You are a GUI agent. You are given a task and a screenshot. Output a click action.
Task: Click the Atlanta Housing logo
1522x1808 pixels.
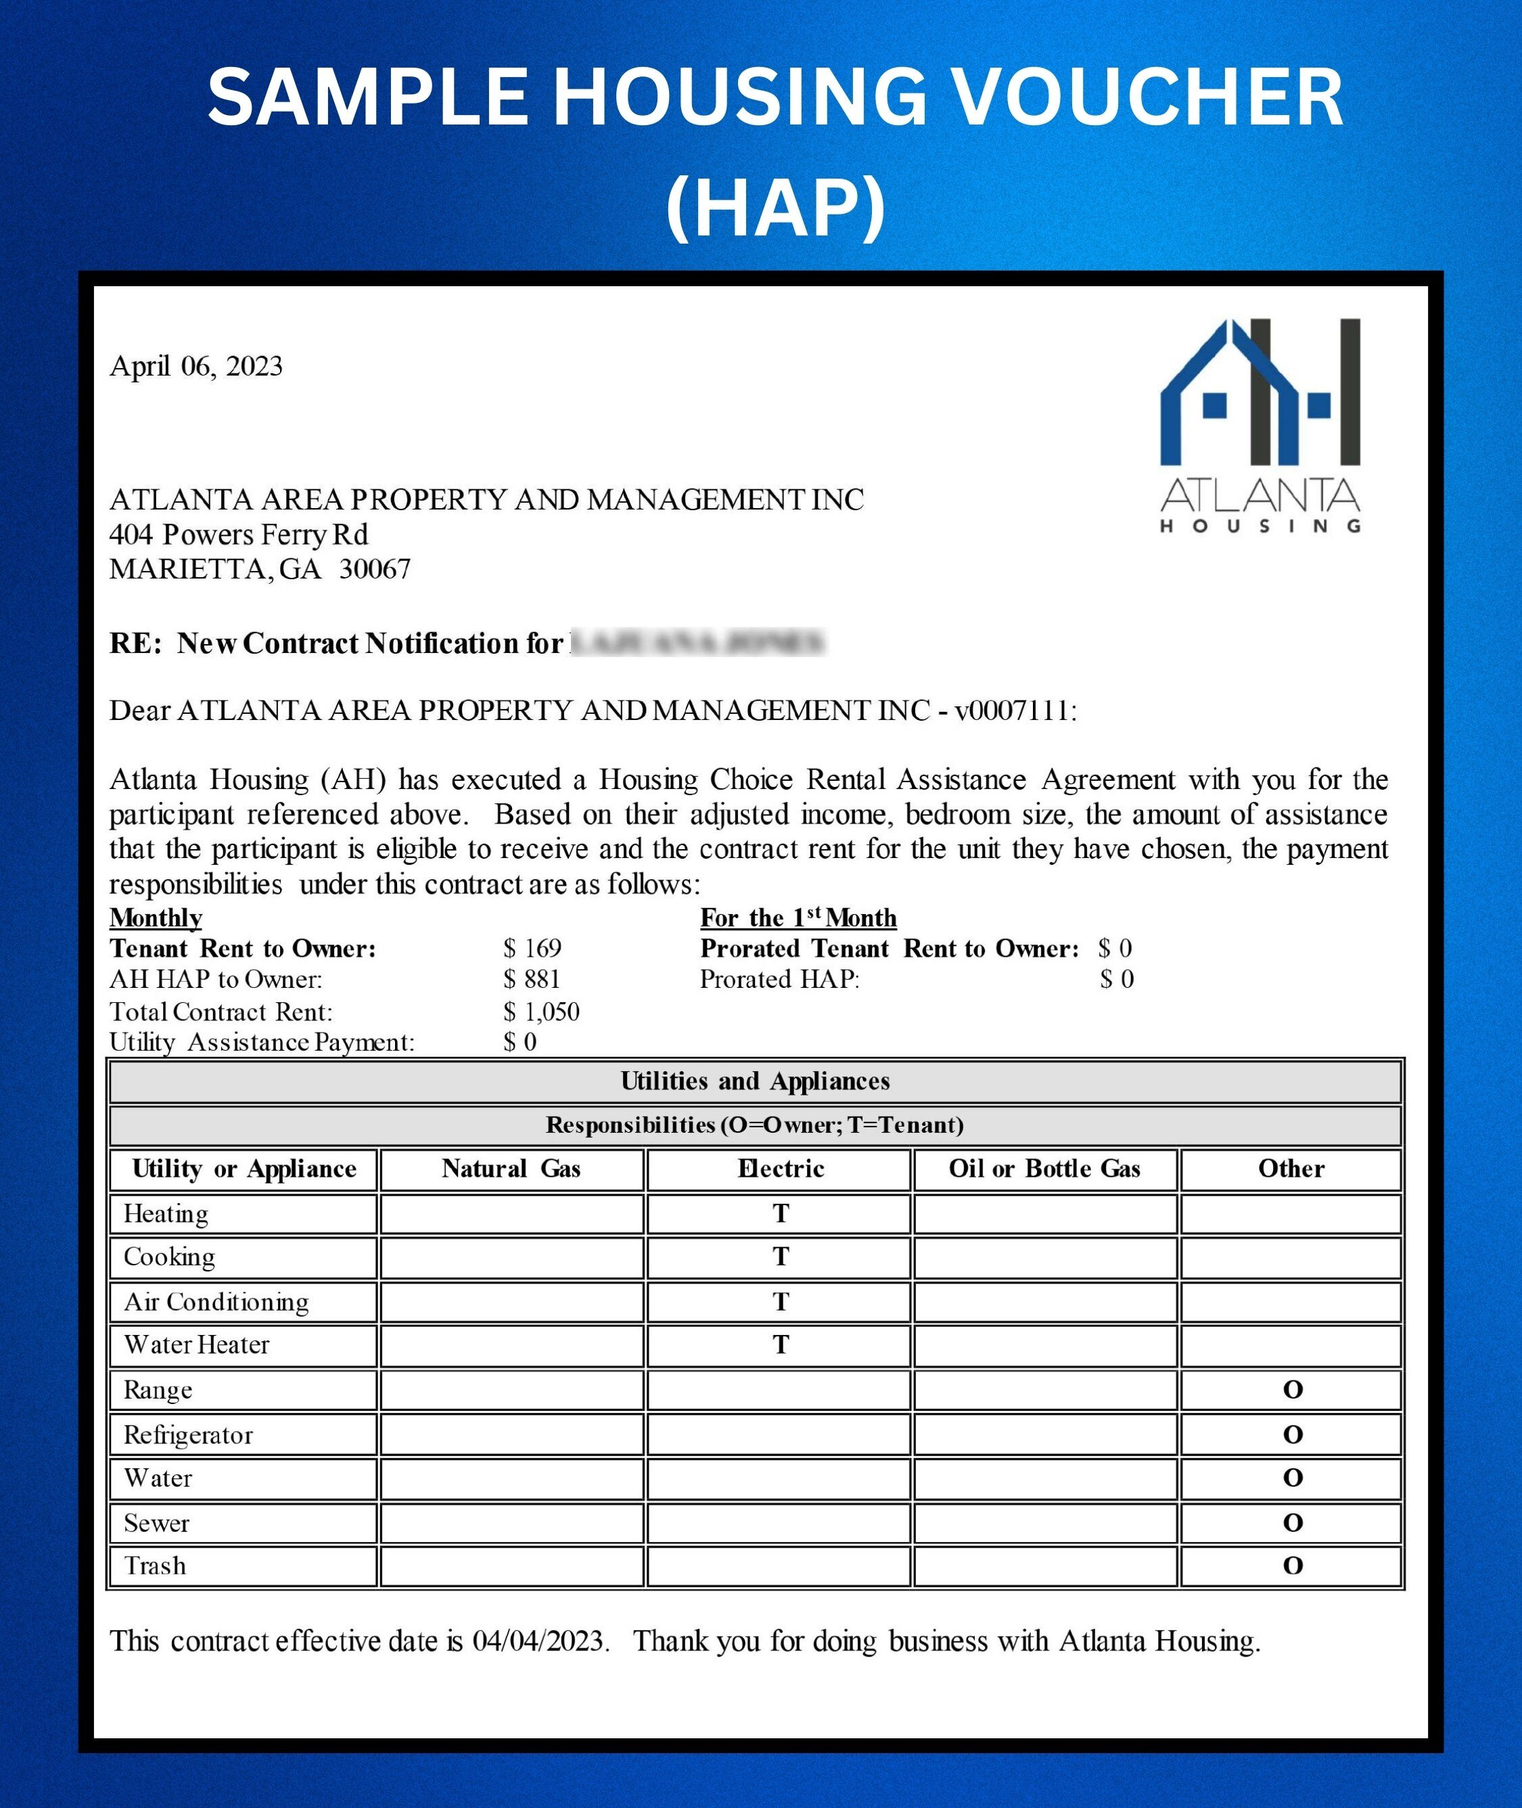tap(1261, 426)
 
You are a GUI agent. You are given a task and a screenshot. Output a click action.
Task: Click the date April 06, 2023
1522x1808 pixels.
tap(196, 366)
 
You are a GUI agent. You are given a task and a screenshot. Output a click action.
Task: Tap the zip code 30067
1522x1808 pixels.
tap(375, 569)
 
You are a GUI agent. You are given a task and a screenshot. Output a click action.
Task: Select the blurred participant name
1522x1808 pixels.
tap(698, 643)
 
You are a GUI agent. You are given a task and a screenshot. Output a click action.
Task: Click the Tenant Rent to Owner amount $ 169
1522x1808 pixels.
tap(532, 949)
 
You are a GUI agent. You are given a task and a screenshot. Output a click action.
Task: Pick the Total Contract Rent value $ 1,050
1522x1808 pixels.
tap(541, 1012)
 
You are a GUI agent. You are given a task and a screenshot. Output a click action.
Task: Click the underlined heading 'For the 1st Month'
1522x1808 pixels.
tap(798, 918)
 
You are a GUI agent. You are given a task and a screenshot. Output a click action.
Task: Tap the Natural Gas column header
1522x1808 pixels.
tap(511, 1169)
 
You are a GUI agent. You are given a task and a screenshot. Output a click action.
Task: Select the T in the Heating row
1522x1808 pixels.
tap(780, 1213)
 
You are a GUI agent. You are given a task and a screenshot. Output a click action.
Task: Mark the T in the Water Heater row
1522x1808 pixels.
tap(780, 1344)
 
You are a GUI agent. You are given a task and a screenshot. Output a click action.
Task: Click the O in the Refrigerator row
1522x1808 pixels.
tap(1291, 1434)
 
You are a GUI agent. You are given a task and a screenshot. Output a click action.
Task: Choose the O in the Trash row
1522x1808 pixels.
tap(1291, 1566)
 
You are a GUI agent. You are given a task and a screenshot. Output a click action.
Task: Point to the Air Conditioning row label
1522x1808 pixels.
tap(216, 1301)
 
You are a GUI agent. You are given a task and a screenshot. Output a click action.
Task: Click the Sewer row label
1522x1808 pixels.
tap(156, 1522)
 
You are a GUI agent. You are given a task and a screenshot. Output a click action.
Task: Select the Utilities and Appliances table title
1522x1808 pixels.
tap(755, 1081)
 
